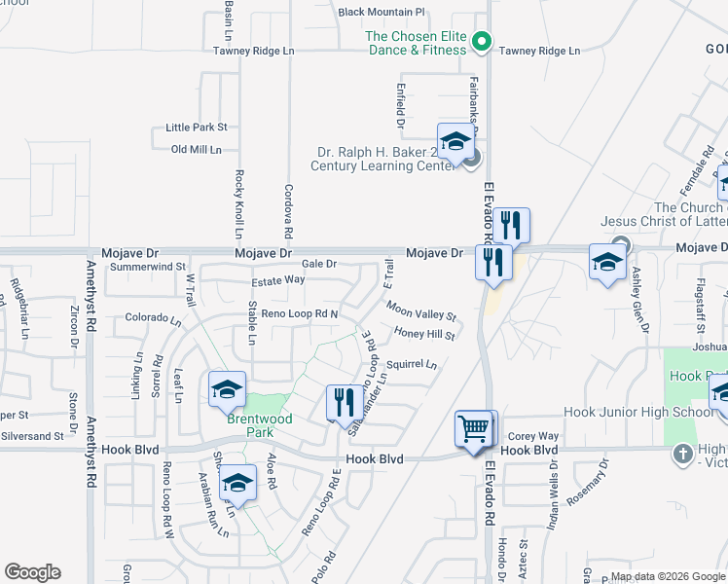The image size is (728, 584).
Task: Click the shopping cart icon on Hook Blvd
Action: [475, 428]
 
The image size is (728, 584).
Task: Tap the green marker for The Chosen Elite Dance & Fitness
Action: [481, 41]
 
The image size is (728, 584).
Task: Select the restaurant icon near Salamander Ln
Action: [342, 401]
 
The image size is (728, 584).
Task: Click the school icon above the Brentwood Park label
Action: [226, 389]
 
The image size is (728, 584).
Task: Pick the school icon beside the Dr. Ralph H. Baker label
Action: [455, 143]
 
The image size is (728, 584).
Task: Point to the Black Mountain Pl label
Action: [382, 12]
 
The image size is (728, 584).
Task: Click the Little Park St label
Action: [197, 128]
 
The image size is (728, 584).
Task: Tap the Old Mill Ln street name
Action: [197, 149]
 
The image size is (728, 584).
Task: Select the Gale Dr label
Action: [318, 264]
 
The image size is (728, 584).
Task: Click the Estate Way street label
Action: [278, 280]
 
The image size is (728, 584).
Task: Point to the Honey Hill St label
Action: [424, 334]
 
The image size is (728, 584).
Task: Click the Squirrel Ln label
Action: [411, 365]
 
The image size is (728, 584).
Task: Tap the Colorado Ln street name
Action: [153, 318]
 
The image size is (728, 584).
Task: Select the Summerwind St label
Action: [148, 266]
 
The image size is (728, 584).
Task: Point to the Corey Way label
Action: [533, 436]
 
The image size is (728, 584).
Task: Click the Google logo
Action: [32, 572]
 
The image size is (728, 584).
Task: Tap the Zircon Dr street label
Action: [74, 331]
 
